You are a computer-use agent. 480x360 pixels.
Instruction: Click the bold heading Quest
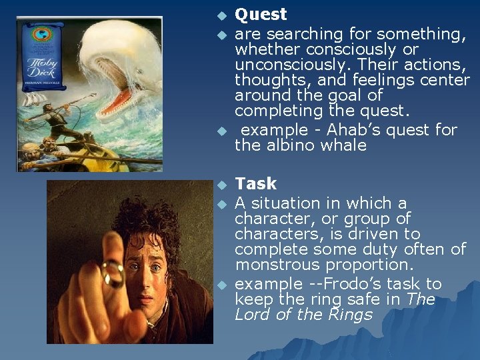pos(261,15)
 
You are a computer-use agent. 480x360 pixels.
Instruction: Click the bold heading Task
pos(255,183)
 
